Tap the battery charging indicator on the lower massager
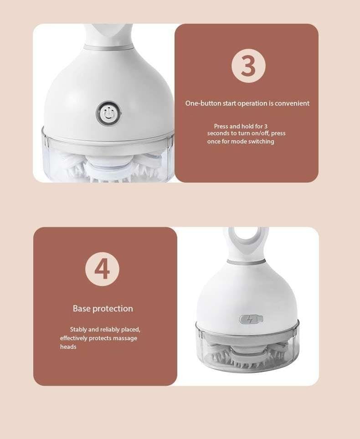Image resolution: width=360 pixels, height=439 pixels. pyautogui.click(x=251, y=319)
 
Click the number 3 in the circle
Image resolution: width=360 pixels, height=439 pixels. pyautogui.click(x=248, y=66)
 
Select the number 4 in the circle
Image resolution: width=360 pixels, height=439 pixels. pyautogui.click(x=102, y=269)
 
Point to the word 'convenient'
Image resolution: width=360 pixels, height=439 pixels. pyautogui.click(x=292, y=103)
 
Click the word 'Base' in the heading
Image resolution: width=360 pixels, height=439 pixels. pyautogui.click(x=82, y=309)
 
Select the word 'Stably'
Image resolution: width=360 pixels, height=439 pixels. pyautogui.click(x=78, y=330)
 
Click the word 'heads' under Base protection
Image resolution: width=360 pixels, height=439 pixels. pyautogui.click(x=68, y=347)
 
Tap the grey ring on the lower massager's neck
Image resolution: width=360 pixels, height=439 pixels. pyautogui.click(x=246, y=262)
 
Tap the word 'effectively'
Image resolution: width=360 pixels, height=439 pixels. pyautogui.click(x=74, y=338)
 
